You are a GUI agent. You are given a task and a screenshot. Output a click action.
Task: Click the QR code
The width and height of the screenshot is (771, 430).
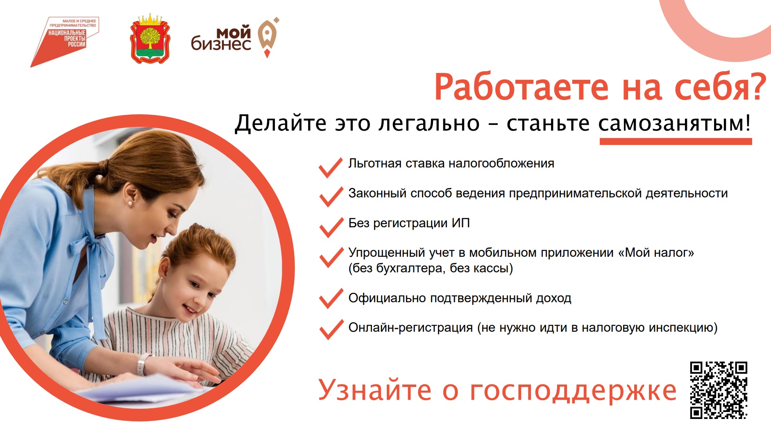tap(718, 390)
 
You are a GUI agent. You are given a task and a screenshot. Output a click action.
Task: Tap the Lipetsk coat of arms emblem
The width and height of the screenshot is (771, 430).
tap(150, 39)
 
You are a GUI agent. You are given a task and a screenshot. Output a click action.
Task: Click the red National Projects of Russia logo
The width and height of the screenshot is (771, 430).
tap(65, 42)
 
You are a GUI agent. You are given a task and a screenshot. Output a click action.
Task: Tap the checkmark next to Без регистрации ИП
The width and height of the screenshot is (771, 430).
tap(331, 227)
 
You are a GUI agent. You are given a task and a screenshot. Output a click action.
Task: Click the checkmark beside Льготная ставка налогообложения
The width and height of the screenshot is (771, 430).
tap(331, 167)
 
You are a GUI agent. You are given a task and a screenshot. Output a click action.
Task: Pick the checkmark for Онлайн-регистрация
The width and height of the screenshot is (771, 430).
tap(331, 329)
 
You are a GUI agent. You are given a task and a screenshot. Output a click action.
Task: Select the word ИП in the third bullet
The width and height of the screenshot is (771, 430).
tap(460, 223)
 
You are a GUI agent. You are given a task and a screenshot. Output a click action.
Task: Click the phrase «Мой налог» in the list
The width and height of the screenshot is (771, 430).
tap(656, 253)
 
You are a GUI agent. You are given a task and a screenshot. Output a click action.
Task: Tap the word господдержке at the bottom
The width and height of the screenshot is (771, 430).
tap(573, 391)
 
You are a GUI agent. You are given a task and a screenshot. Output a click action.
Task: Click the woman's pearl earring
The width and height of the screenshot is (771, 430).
tap(130, 203)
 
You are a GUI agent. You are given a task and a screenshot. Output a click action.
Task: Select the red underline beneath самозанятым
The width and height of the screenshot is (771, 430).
tap(676, 141)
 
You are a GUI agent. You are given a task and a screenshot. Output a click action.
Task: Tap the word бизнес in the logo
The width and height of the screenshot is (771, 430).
tap(221, 43)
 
